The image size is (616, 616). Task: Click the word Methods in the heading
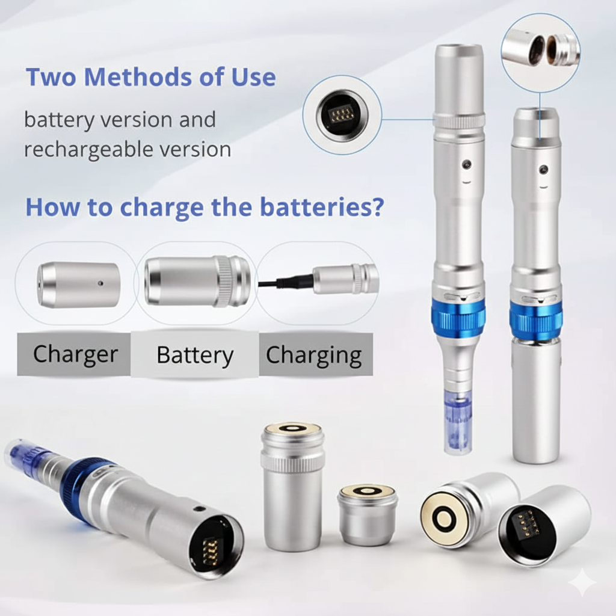[x=139, y=77]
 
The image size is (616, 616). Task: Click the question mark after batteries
[x=378, y=207]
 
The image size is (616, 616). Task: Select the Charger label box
[x=74, y=354]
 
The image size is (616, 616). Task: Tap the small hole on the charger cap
[x=100, y=283]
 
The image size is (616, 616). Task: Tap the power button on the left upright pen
[x=466, y=164]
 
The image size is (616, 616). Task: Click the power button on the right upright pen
[x=544, y=170]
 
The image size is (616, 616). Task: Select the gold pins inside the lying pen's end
[x=211, y=547]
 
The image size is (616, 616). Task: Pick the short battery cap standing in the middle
[x=368, y=514]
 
